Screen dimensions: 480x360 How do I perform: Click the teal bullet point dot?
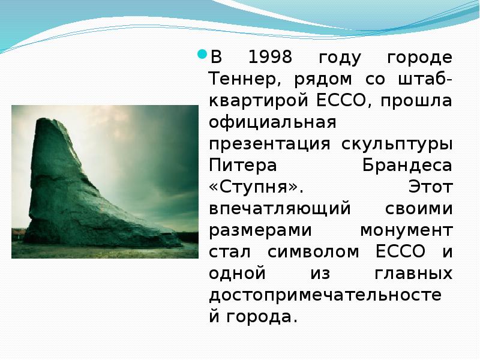point(202,55)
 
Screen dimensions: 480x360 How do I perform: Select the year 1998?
point(270,57)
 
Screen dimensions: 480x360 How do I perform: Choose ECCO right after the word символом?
point(400,251)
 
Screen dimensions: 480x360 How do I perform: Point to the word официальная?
point(272,122)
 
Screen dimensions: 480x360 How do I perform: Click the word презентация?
point(269,144)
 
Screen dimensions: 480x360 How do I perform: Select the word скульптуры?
point(397,144)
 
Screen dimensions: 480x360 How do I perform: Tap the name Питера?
point(243,166)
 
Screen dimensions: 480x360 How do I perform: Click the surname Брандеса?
point(407,166)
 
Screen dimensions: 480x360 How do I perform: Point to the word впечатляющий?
point(280,209)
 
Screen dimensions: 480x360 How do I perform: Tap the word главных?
point(413,274)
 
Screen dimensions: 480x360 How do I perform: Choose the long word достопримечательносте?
point(325,295)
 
